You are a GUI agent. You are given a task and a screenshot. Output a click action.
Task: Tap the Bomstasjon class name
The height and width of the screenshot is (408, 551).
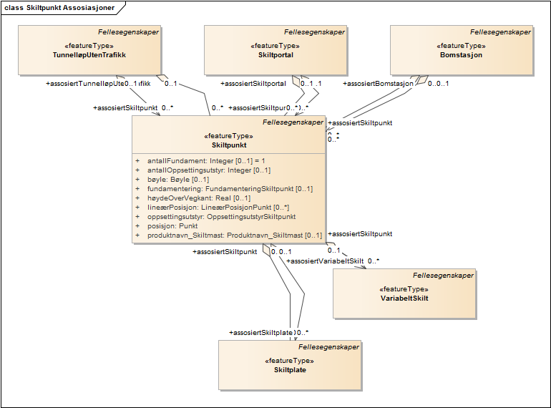click(x=461, y=54)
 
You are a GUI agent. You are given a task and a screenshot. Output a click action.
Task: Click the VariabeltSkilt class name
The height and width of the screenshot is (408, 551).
click(x=404, y=298)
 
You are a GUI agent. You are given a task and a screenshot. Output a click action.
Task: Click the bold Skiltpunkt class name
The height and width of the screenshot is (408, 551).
click(x=229, y=145)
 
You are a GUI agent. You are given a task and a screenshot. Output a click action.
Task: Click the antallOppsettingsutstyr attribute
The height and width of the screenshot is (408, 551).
click(x=208, y=170)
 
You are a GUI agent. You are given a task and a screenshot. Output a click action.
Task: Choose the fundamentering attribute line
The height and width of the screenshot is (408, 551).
click(x=230, y=189)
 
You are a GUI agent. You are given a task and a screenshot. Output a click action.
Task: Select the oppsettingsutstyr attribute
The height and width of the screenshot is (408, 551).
click(x=221, y=216)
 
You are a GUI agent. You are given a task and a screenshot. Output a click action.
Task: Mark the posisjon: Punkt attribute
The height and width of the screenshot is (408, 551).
click(x=172, y=225)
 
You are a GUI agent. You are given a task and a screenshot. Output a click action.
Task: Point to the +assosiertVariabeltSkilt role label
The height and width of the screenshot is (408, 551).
click(x=325, y=261)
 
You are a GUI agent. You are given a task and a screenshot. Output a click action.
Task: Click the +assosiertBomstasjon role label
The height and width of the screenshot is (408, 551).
click(x=379, y=83)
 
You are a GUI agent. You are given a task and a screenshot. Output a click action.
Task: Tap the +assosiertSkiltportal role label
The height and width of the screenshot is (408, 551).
click(x=253, y=83)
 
